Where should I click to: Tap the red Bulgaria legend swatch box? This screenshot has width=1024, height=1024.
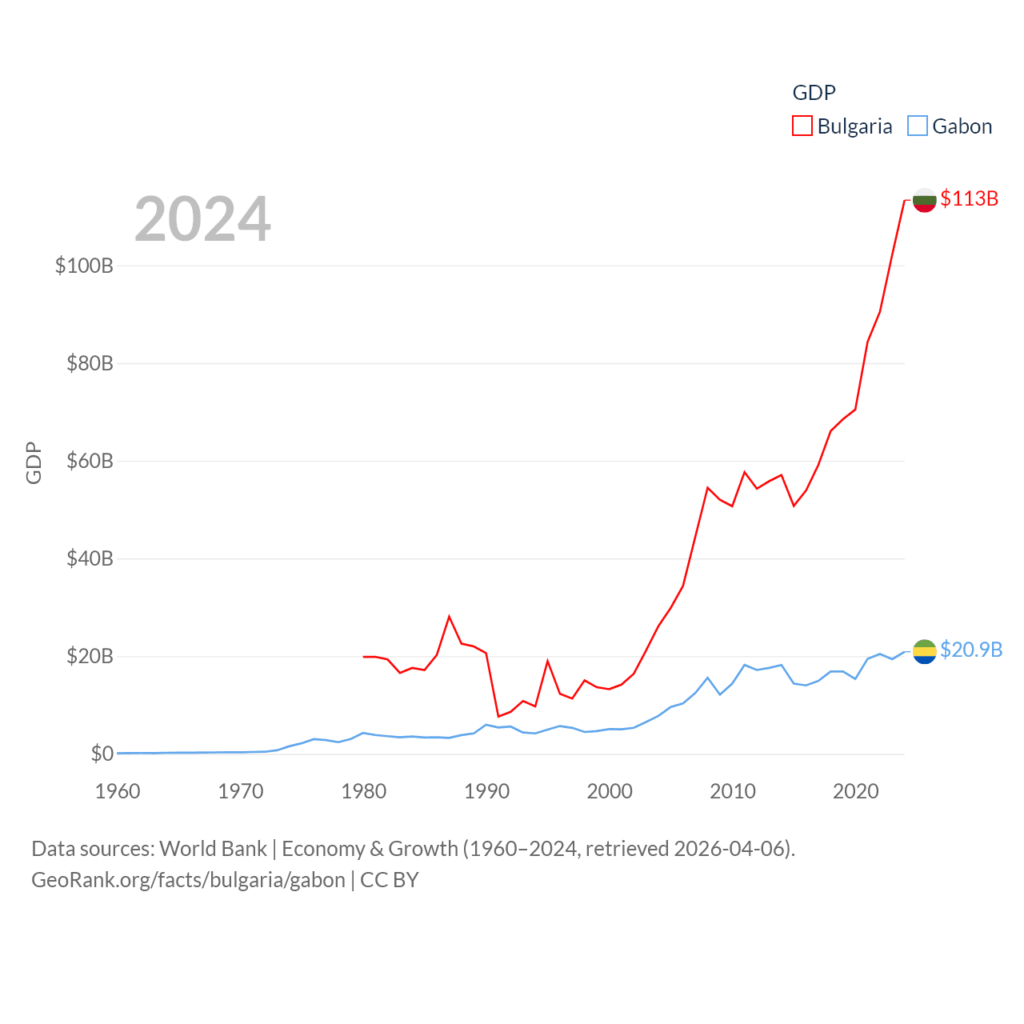(x=802, y=126)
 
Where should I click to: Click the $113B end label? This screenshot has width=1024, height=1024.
(x=969, y=198)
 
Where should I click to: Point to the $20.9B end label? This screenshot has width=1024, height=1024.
(x=971, y=650)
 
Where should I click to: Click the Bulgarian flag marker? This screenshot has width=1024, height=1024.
(x=924, y=200)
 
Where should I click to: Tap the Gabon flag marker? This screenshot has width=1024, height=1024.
(x=924, y=651)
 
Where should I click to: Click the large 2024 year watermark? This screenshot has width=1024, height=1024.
(x=202, y=219)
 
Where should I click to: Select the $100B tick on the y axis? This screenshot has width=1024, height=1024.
(x=84, y=266)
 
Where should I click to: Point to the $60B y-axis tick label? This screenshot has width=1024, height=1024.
(x=90, y=461)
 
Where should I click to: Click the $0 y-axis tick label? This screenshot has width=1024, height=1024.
(x=102, y=754)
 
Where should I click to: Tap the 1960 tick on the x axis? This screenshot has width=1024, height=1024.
(x=118, y=791)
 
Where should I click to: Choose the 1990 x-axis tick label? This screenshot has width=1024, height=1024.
(x=486, y=791)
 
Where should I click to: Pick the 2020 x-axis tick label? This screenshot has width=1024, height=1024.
(x=855, y=791)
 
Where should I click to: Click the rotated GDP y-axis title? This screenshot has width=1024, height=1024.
(x=34, y=462)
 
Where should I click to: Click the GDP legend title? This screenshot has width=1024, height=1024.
(x=814, y=93)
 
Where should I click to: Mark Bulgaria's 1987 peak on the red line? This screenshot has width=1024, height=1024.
(x=450, y=616)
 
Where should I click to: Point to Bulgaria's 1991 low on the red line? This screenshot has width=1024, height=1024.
(x=498, y=716)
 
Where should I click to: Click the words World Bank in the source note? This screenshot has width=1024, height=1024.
(x=213, y=849)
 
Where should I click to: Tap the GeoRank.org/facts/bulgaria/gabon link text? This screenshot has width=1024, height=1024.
(x=188, y=880)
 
